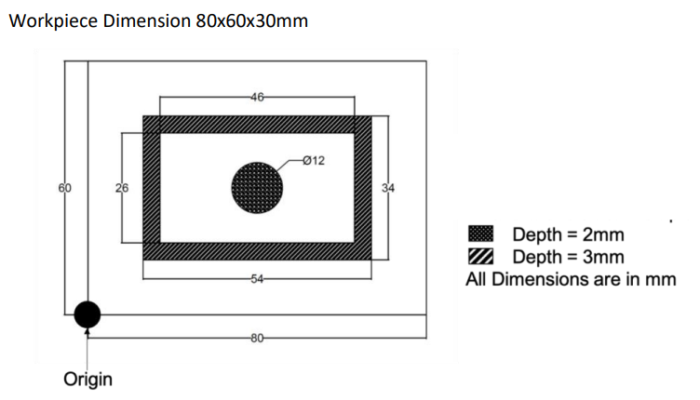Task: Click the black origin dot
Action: tap(87, 314)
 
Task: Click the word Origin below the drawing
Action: tap(87, 380)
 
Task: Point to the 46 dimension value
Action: tap(257, 96)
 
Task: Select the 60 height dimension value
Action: tap(64, 188)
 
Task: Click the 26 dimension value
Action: tap(122, 188)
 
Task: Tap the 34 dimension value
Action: tap(388, 188)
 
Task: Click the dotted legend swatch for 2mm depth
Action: tap(480, 234)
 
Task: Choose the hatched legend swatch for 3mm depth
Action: tap(480, 257)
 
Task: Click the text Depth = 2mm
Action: tap(568, 234)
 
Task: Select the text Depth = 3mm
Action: tap(568, 257)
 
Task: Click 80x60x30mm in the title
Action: tap(252, 21)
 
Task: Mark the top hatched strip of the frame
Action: tap(257, 125)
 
